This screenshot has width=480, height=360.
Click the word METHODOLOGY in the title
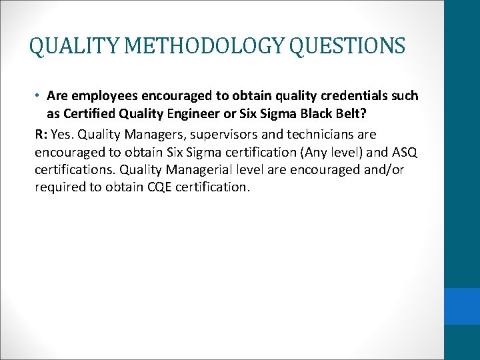click(185, 46)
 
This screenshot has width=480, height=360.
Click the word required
click(59, 187)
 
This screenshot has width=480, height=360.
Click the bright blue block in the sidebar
click(462, 305)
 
